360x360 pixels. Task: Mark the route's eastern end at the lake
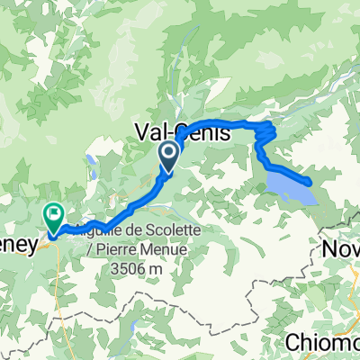[310, 182]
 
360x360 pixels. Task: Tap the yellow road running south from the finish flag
[61, 288]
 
